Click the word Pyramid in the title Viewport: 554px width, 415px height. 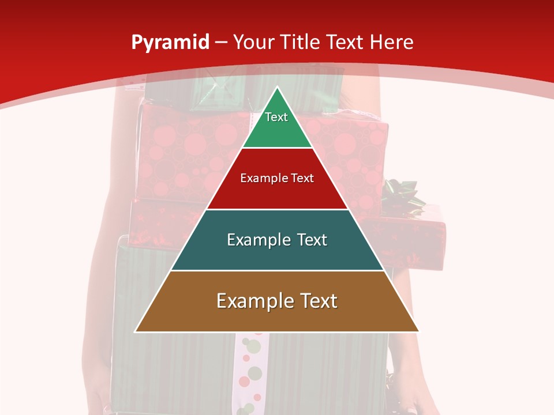click(170, 43)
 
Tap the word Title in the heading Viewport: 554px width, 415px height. click(301, 42)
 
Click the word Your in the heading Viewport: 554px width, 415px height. click(254, 42)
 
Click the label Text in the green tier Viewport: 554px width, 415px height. click(276, 117)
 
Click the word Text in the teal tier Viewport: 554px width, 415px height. click(309, 240)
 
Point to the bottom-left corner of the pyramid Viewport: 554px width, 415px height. click(136, 331)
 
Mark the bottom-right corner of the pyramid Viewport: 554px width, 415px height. click(419, 331)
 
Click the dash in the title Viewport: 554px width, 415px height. click(221, 43)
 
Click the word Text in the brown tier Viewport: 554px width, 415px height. click(317, 301)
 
